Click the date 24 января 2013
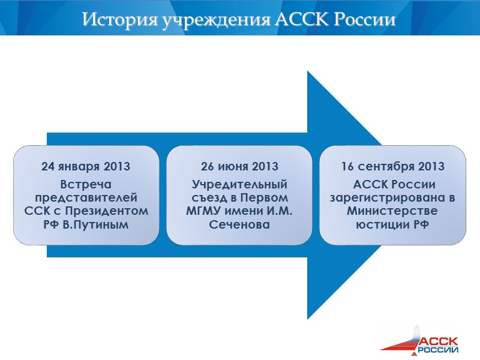coord(86,166)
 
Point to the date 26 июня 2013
coord(239,166)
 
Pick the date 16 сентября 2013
coord(393,166)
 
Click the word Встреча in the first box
coord(86,184)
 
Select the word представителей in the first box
coord(86,197)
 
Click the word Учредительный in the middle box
coord(239,184)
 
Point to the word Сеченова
coord(239,224)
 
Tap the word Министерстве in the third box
coord(392,211)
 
